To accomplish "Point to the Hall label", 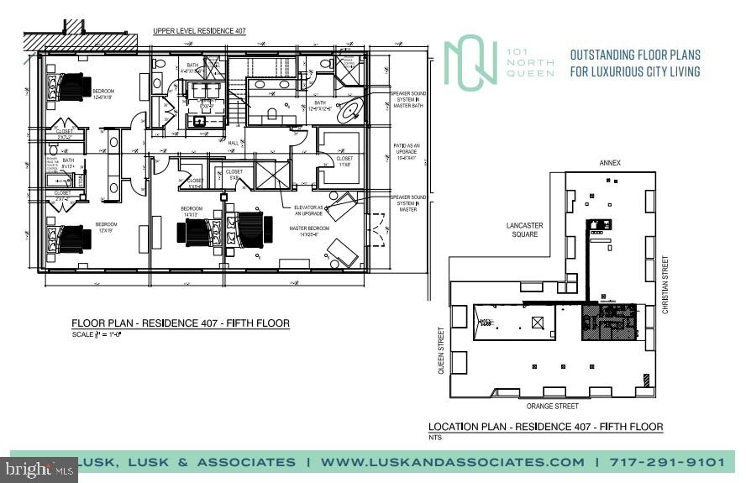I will point(234,143).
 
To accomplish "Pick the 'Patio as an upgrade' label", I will point(405,156).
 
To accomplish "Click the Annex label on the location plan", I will point(609,163).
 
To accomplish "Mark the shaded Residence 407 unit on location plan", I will point(612,321).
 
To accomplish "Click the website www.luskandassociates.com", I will point(452,462).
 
